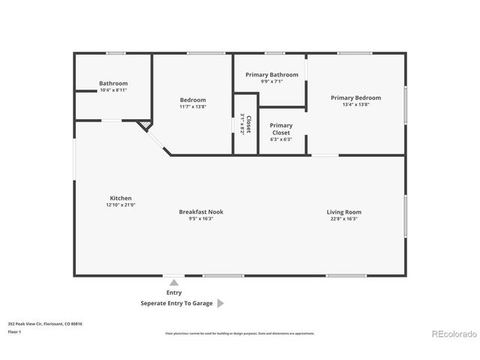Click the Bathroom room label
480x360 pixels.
(113, 83)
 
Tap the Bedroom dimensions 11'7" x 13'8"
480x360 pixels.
(193, 106)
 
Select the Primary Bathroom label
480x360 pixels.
(272, 75)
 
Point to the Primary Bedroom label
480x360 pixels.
(356, 97)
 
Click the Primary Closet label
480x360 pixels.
(281, 129)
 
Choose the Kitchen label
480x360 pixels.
(121, 198)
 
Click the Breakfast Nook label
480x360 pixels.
(200, 211)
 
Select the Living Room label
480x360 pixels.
(343, 211)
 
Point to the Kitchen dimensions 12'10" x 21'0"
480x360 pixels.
(121, 205)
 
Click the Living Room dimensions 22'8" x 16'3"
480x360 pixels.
(343, 218)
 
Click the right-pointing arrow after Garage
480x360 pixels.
(220, 304)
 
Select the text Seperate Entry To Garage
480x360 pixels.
(177, 304)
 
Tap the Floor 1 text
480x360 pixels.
(15, 331)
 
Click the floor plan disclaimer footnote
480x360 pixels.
(239, 333)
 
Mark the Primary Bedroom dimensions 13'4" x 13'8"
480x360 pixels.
(356, 104)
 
